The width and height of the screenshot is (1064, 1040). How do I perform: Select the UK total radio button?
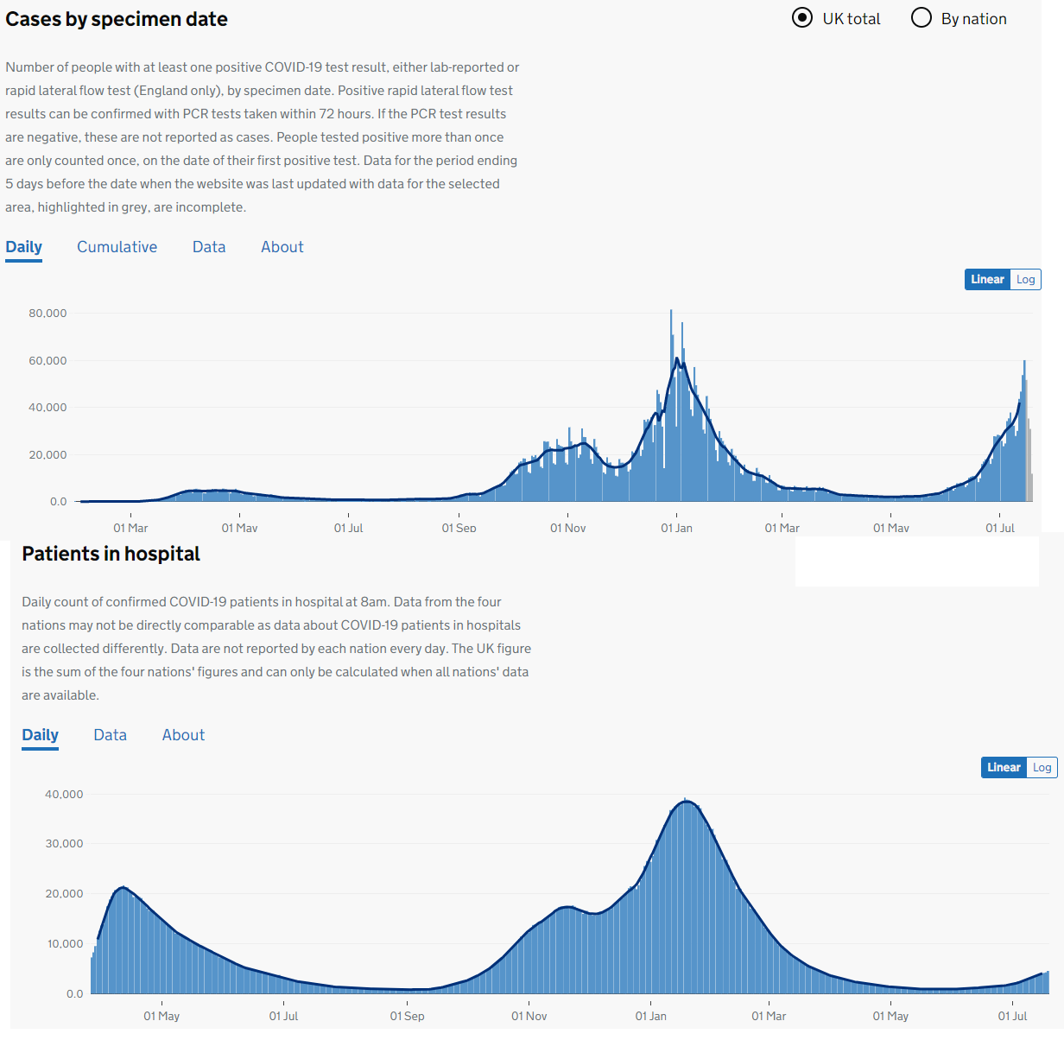802,18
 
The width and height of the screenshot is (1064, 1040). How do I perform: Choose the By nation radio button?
921,18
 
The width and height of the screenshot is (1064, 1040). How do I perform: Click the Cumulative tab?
117,247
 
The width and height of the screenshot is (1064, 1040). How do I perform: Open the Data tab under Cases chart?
209,247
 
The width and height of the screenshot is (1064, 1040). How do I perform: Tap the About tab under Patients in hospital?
183,735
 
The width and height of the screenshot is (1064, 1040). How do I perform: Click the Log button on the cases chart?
1025,279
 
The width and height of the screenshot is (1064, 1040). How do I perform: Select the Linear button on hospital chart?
1004,767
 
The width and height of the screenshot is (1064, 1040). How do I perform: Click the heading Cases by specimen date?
117,19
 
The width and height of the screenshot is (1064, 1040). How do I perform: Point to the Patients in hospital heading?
111,554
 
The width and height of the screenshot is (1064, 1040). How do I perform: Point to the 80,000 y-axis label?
47,314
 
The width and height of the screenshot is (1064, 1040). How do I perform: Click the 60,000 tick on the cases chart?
47,361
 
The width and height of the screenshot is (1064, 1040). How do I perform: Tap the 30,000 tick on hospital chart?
64,844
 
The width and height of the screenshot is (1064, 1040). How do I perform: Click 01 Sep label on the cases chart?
459,528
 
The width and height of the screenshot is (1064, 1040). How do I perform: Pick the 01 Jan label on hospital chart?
650,1016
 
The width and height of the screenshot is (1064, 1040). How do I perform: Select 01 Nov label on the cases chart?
567,528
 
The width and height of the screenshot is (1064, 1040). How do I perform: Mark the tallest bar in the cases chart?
671,405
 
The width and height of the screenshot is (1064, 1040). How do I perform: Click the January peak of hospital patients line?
687,802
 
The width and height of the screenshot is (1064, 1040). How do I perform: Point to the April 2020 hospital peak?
123,887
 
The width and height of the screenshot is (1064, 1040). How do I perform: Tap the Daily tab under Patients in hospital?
40,735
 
